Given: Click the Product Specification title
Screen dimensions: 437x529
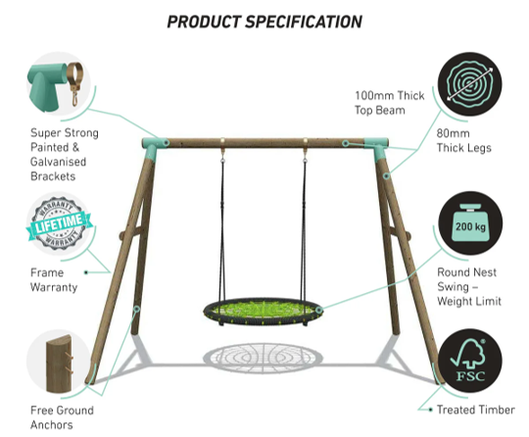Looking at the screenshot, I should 264,21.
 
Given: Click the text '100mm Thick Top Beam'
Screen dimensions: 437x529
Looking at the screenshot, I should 391,103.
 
